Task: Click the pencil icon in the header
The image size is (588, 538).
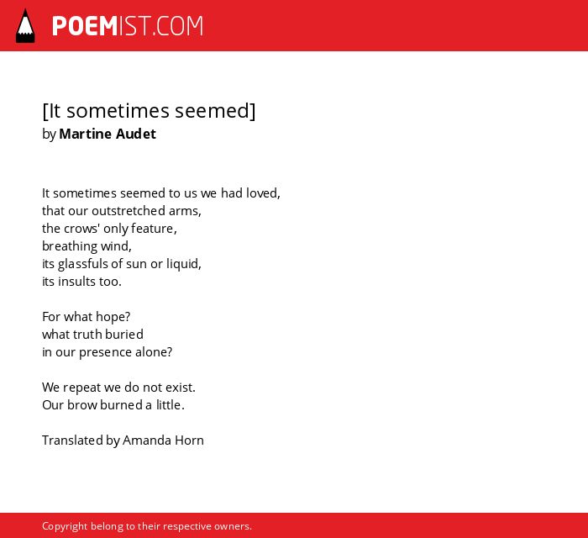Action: click(x=25, y=26)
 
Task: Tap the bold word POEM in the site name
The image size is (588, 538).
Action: click(x=85, y=26)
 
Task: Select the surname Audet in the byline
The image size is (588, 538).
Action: click(x=136, y=134)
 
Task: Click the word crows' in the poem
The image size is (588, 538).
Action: click(x=78, y=229)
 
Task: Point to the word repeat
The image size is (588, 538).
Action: click(x=81, y=388)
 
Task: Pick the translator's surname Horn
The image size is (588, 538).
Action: click(x=189, y=440)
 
